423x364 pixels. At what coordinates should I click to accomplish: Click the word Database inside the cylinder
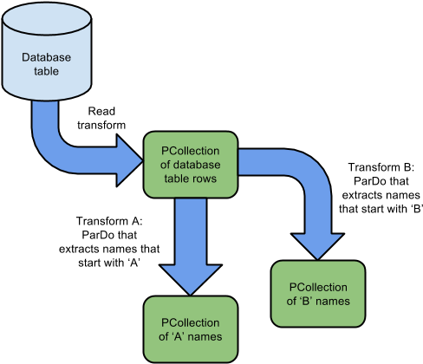click(x=46, y=58)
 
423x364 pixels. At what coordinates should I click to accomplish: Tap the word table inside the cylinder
click(x=46, y=72)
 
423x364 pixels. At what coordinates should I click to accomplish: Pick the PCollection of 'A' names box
click(x=190, y=328)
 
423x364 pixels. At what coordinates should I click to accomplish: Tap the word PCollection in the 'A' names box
click(x=190, y=322)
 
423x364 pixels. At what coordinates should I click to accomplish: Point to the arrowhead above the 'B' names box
click(x=316, y=243)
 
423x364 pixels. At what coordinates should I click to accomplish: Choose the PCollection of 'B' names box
click(x=318, y=294)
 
